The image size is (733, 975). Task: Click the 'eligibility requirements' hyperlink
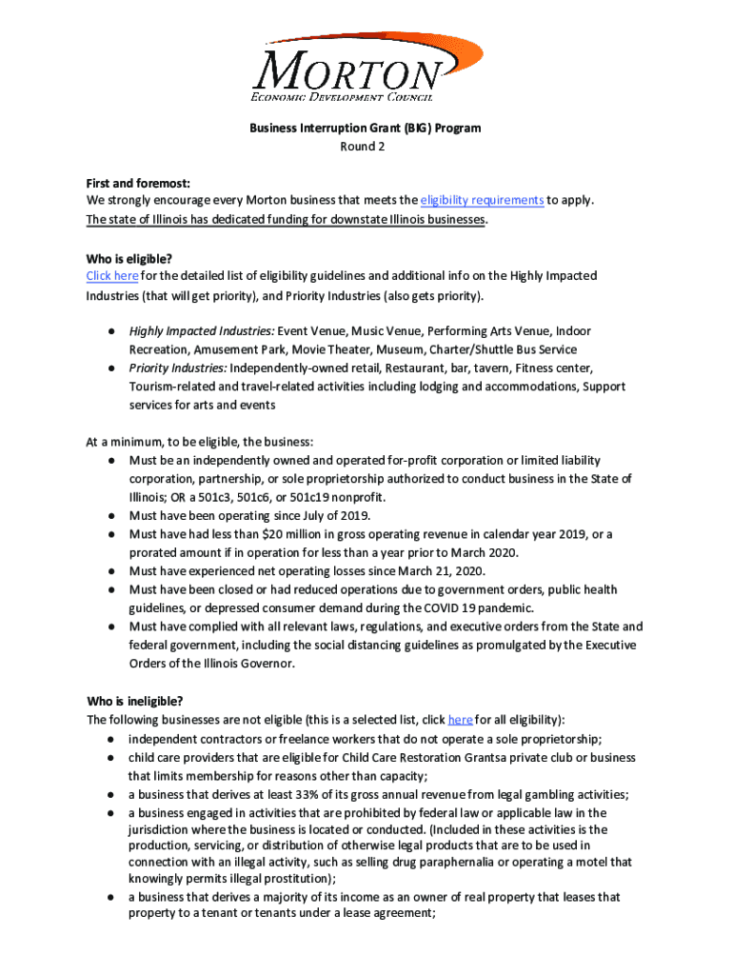click(x=482, y=201)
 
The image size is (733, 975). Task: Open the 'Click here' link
click(x=112, y=275)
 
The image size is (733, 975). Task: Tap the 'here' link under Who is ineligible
click(x=460, y=720)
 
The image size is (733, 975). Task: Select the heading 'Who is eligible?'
click(x=129, y=257)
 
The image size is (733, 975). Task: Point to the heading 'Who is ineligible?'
click(x=134, y=702)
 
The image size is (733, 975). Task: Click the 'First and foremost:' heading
click(x=138, y=182)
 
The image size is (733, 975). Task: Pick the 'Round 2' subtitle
click(x=366, y=146)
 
